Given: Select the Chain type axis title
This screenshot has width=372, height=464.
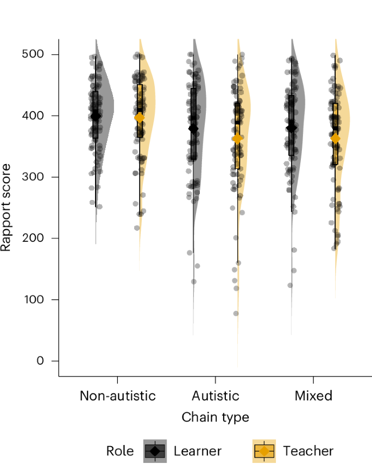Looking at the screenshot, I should (215, 417).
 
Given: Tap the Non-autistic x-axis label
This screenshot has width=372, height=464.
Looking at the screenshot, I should (117, 396).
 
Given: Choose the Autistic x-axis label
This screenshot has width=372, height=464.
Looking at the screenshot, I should (215, 396).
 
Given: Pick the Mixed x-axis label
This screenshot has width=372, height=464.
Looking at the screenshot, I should (313, 396).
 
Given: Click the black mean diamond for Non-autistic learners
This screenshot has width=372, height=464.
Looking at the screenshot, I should (96, 116).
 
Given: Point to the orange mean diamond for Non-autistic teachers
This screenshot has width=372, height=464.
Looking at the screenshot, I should (140, 117).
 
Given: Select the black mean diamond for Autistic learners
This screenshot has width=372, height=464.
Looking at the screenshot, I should (193, 129).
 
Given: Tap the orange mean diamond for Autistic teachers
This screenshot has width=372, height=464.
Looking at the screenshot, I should (237, 139).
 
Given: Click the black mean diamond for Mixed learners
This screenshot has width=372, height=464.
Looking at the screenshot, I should (292, 128).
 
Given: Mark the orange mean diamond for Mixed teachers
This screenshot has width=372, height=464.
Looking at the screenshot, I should (336, 139).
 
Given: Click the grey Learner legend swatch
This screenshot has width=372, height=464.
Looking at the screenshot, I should (155, 451).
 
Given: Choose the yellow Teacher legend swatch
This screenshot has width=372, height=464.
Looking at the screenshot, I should (264, 451).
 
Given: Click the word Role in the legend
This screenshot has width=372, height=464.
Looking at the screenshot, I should (119, 451).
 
